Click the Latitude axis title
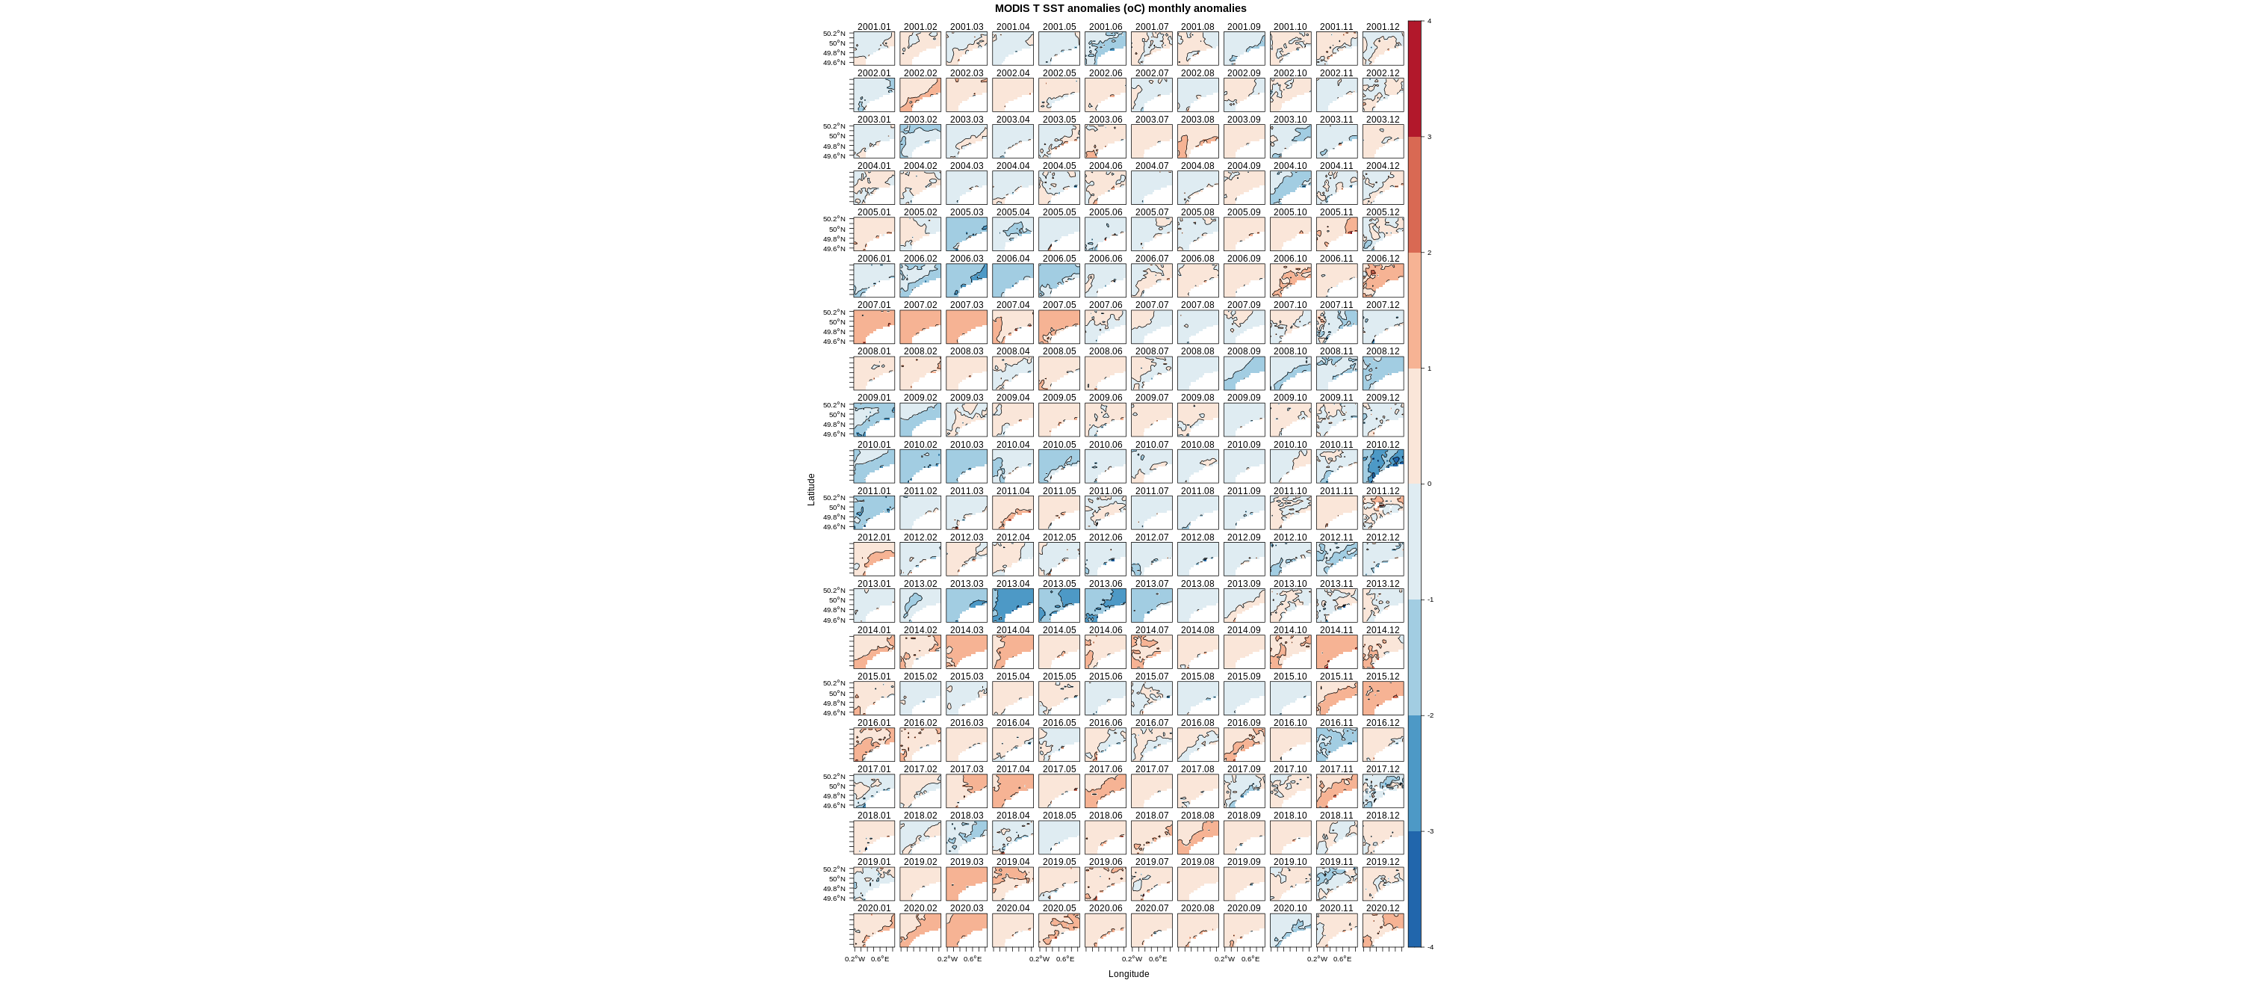point(810,489)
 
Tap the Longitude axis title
point(1128,974)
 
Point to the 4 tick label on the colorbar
point(1428,21)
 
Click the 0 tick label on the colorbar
point(1428,484)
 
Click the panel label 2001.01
point(873,27)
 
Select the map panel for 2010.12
point(1383,466)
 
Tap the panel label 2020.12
point(1383,908)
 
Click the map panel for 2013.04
point(1013,606)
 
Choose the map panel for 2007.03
point(967,327)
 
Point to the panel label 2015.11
point(1336,677)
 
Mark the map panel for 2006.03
point(967,281)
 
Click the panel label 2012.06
point(1105,537)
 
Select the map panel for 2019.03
point(967,884)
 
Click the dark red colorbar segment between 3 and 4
point(1415,78)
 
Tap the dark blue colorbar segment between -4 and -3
point(1415,889)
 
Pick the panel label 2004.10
point(1290,166)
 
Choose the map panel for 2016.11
point(1336,745)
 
